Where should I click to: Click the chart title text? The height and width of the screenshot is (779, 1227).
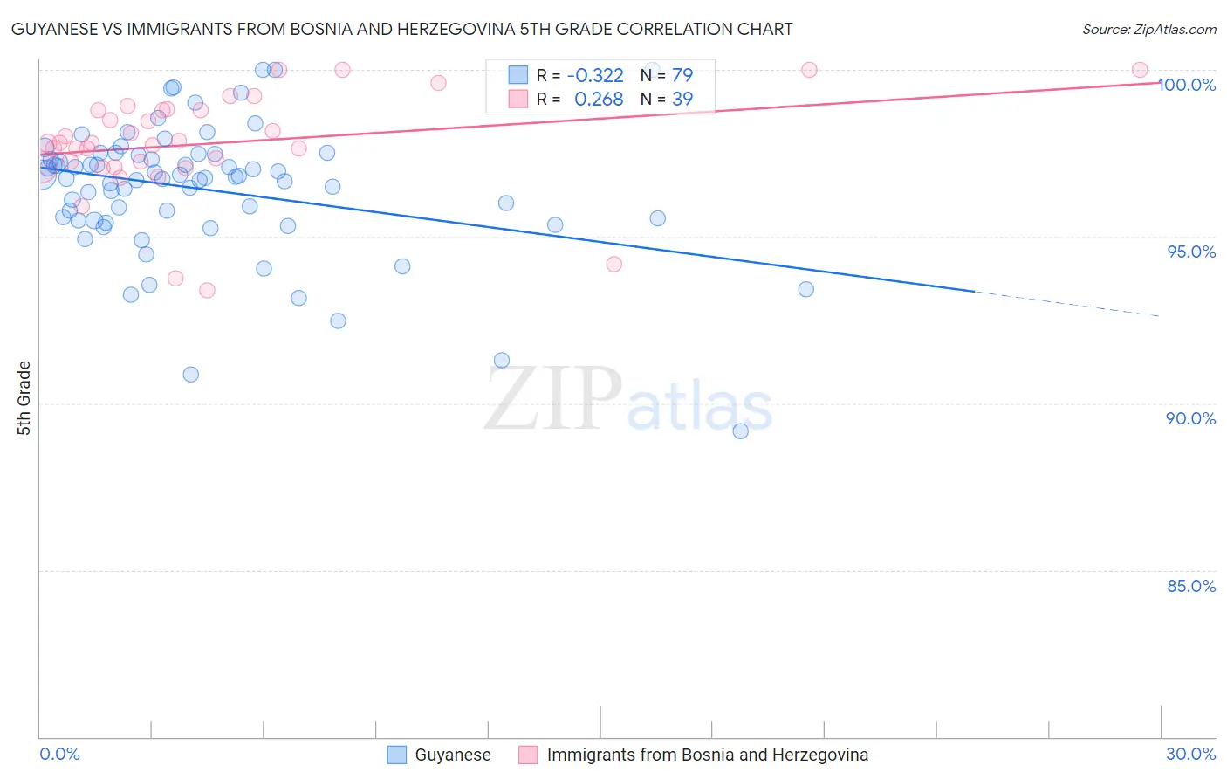click(401, 29)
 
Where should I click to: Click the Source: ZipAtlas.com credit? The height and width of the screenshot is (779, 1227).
click(1148, 29)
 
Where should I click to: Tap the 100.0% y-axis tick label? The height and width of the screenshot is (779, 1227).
click(1187, 85)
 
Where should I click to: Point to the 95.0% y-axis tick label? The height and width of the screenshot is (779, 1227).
click(1191, 252)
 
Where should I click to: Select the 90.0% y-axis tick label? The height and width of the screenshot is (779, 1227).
click(1191, 418)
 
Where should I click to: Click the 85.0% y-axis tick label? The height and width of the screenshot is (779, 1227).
click(1191, 586)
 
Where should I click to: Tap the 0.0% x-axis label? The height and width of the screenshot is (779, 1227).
click(59, 754)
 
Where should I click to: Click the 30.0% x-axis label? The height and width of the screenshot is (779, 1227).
click(1190, 754)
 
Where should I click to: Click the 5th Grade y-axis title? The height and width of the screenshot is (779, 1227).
click(24, 398)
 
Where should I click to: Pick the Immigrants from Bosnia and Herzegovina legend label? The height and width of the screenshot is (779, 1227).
click(707, 755)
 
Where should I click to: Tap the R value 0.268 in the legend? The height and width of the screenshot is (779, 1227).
click(599, 99)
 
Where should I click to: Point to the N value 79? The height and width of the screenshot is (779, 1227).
click(682, 75)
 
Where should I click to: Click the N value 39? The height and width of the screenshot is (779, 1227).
click(682, 99)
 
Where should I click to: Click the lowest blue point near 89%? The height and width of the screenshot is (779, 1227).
click(740, 431)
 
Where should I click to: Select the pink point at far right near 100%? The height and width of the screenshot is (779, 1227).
click(1139, 70)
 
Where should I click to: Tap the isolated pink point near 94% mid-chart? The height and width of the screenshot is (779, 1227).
click(613, 264)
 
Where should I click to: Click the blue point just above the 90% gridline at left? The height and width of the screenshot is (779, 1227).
click(190, 374)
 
